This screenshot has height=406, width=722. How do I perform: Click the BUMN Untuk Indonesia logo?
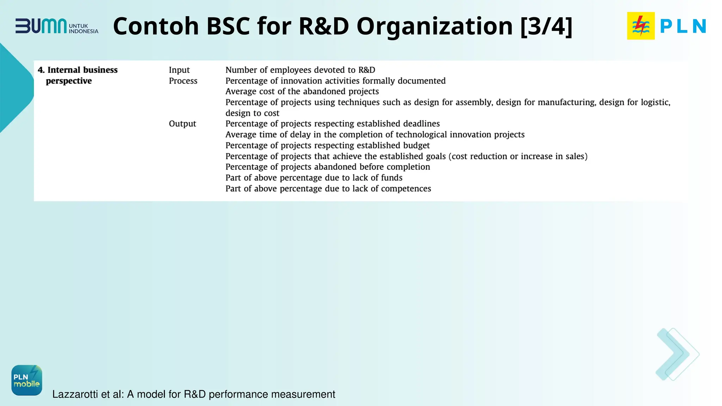[x=56, y=26]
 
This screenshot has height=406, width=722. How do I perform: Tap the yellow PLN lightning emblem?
[x=641, y=26]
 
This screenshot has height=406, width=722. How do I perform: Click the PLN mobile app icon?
[x=27, y=380]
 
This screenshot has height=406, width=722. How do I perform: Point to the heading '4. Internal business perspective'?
[x=78, y=75]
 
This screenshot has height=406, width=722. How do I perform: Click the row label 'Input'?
[x=179, y=70]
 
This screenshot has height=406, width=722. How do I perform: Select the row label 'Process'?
[x=183, y=81]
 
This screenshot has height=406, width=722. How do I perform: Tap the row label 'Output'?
[x=182, y=124]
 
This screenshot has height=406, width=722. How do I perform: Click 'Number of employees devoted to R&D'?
[x=300, y=70]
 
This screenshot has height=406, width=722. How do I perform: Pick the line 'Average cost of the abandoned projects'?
[x=302, y=92]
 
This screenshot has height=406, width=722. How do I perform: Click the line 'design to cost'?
[x=252, y=113]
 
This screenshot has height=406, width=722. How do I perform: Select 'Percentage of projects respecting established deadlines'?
[x=332, y=124]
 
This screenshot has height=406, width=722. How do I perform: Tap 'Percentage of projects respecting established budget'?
[x=328, y=146]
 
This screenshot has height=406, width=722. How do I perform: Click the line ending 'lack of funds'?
[x=314, y=178]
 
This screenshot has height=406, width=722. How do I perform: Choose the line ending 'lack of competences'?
[x=328, y=189]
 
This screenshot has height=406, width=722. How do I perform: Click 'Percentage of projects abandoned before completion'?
[x=328, y=167]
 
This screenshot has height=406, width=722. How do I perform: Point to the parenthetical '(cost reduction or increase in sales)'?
[x=518, y=156]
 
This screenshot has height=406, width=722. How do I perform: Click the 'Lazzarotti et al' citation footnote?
[x=194, y=394]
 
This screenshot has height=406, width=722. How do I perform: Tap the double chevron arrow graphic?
[x=677, y=354]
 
